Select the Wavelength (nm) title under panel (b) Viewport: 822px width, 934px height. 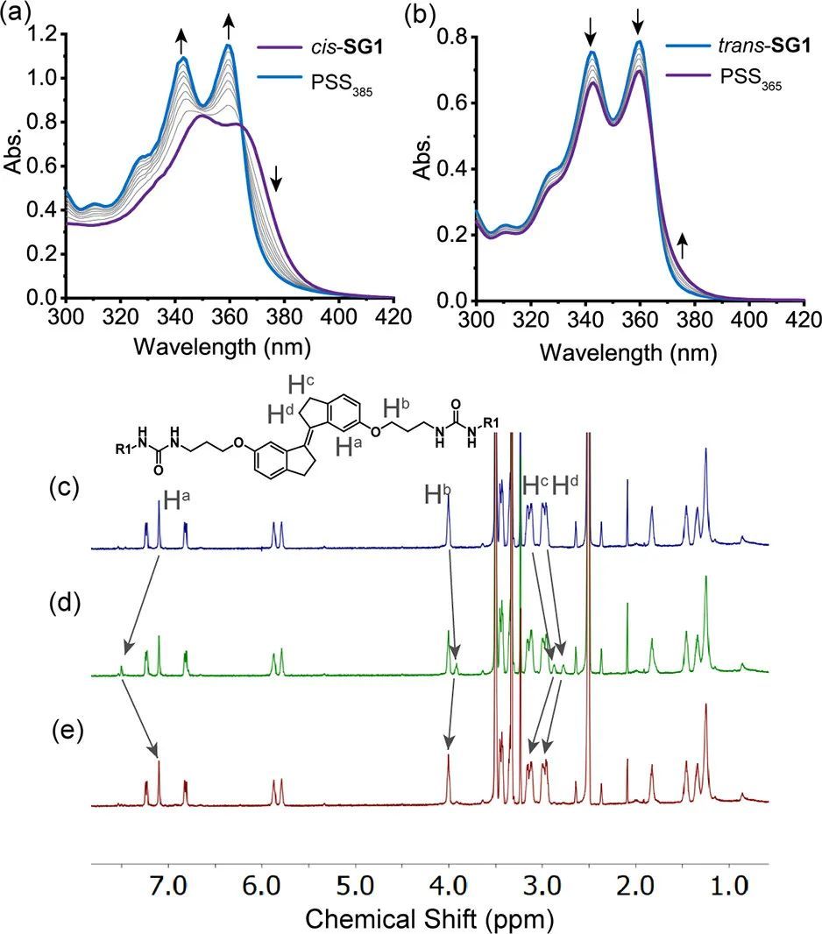pos(629,353)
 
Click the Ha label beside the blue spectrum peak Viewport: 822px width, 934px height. pos(177,502)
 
